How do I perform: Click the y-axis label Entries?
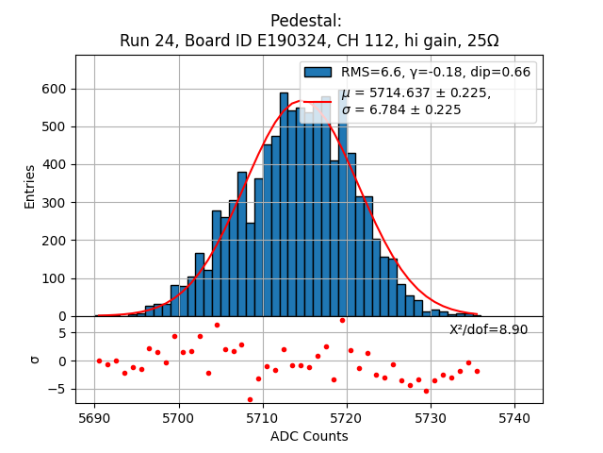click(x=30, y=186)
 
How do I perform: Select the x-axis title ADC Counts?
click(x=309, y=436)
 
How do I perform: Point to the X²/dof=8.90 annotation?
click(x=488, y=329)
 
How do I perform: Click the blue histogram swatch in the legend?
click(x=318, y=72)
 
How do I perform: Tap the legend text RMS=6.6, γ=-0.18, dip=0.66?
click(x=435, y=72)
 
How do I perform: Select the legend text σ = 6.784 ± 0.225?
click(x=401, y=109)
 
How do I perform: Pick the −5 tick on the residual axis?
click(x=59, y=388)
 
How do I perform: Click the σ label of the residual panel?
click(x=35, y=360)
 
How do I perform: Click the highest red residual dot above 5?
click(x=342, y=320)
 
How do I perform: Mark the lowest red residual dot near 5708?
click(x=250, y=399)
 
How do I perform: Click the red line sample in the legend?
click(x=318, y=101)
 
